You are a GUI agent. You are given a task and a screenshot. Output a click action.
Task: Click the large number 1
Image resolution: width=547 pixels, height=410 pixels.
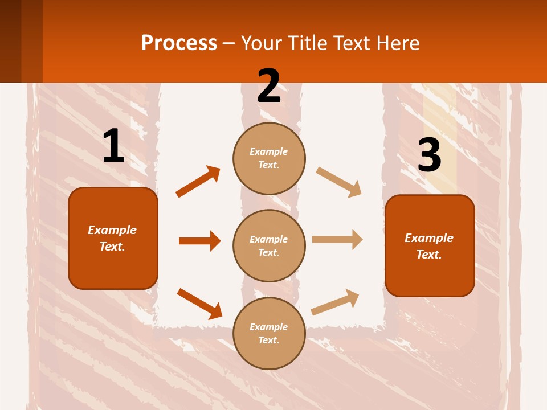pyautogui.click(x=113, y=146)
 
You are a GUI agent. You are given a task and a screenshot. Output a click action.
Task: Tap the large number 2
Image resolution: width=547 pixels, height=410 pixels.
pyautogui.click(x=269, y=86)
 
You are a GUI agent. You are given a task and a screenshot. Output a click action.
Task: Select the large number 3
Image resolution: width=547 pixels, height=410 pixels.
pyautogui.click(x=430, y=155)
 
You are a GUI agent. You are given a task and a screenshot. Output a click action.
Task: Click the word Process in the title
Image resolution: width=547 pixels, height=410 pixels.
pyautogui.click(x=179, y=43)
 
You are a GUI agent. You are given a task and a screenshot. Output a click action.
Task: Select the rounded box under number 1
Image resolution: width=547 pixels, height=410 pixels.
pyautogui.click(x=113, y=238)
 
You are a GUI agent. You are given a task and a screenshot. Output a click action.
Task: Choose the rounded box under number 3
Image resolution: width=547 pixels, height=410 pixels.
pyautogui.click(x=430, y=246)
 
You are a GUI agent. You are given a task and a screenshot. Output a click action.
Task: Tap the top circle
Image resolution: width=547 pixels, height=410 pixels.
pyautogui.click(x=269, y=158)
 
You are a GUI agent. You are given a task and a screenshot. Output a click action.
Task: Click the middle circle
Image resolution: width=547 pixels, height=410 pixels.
pyautogui.click(x=269, y=246)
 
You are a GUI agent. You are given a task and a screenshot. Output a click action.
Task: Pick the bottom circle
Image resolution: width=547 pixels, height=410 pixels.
pyautogui.click(x=269, y=334)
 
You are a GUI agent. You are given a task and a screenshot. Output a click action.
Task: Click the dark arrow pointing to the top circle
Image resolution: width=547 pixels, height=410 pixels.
pyautogui.click(x=198, y=182)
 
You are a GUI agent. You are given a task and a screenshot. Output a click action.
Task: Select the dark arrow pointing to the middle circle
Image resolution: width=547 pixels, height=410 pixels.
pyautogui.click(x=199, y=241)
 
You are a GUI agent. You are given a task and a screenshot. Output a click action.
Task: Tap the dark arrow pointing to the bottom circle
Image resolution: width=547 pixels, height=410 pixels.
pyautogui.click(x=199, y=303)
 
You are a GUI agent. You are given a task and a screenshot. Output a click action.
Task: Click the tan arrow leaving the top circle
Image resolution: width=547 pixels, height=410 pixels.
pyautogui.click(x=339, y=182)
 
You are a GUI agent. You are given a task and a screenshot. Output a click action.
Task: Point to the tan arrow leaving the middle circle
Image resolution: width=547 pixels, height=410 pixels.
pyautogui.click(x=337, y=239)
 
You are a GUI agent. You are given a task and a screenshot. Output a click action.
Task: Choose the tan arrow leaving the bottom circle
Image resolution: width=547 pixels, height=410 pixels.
pyautogui.click(x=335, y=302)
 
